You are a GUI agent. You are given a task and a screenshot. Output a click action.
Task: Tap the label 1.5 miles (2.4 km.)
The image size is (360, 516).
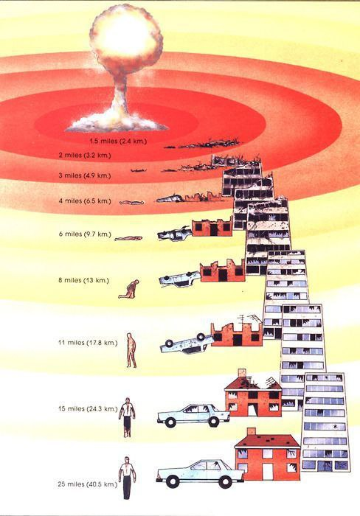(118, 142)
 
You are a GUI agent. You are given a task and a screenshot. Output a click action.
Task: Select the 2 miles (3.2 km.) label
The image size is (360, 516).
(85, 155)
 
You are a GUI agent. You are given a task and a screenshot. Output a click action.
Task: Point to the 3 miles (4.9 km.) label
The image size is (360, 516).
(85, 175)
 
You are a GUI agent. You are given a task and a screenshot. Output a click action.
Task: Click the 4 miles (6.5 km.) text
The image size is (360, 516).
(85, 201)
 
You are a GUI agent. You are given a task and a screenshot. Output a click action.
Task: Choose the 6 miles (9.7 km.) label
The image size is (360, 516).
(85, 234)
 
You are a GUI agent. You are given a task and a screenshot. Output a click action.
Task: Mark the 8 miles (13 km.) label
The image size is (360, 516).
(83, 280)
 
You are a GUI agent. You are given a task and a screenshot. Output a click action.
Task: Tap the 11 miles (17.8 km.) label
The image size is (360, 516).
(88, 343)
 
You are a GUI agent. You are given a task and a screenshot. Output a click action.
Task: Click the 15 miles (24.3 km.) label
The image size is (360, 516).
(88, 408)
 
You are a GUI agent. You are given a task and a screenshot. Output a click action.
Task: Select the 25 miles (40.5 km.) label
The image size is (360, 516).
(88, 484)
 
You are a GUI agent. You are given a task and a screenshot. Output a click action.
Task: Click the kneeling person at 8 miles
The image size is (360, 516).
(129, 289)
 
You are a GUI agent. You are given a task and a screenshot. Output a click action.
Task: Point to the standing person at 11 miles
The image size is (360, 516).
(131, 350)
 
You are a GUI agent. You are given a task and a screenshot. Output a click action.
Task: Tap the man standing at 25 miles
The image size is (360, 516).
(127, 478)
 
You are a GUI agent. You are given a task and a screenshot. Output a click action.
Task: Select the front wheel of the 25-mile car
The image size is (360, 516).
(173, 482)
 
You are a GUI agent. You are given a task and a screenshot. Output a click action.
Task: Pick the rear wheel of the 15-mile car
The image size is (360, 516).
(213, 422)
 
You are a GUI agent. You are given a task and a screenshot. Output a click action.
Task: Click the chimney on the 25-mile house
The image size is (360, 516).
(252, 431)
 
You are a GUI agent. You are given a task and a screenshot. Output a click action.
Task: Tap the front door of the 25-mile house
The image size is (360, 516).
(267, 471)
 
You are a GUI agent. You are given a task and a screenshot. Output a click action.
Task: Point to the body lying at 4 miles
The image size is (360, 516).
(132, 203)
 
